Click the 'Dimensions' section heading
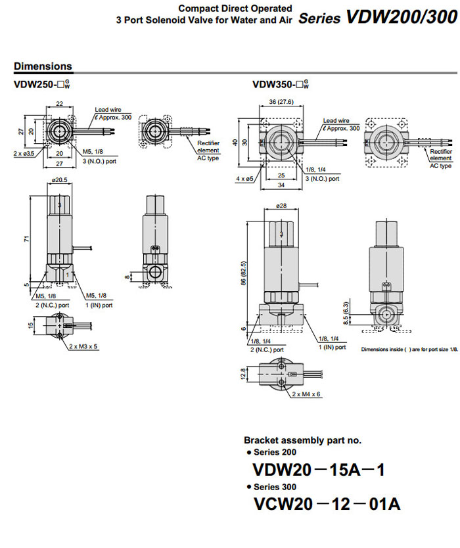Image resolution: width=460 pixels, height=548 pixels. click(43, 66)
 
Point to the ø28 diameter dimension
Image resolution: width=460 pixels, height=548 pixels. click(281, 206)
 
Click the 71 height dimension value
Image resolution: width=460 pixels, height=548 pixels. click(28, 239)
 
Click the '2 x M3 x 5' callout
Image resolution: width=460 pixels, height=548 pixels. click(85, 346)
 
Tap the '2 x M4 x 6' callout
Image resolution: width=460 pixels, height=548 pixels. click(306, 394)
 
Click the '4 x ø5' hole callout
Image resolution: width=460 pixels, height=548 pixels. click(244, 178)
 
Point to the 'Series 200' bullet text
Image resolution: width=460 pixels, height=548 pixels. click(274, 452)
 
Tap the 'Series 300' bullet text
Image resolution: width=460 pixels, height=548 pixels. click(274, 487)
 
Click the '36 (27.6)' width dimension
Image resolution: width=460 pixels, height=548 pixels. click(281, 102)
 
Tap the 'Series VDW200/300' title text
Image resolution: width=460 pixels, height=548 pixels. click(377, 18)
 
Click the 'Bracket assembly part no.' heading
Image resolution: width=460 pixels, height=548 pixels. click(302, 440)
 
